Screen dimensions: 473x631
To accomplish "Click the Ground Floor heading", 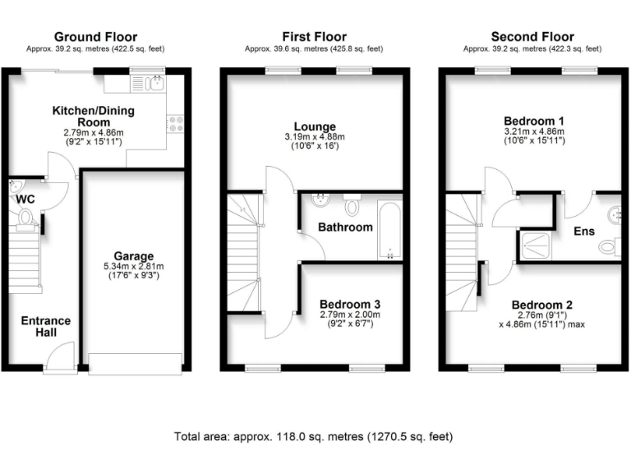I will (95, 37).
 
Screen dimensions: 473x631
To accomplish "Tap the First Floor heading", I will (314, 37).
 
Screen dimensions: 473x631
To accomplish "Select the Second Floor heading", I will (532, 37).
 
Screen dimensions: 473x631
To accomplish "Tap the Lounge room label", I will (314, 123).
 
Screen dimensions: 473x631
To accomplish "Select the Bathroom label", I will (345, 227).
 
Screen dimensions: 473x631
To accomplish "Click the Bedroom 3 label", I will (350, 303).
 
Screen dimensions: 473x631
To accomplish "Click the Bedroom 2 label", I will (540, 302).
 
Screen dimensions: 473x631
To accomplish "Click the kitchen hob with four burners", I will (176, 123).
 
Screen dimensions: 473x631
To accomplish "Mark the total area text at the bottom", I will (314, 437).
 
